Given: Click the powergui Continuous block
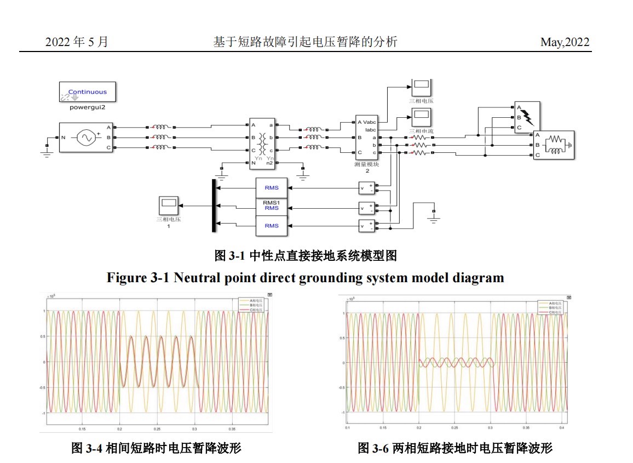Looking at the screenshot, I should pyautogui.click(x=88, y=92).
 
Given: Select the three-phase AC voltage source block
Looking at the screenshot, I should pyautogui.click(x=86, y=138).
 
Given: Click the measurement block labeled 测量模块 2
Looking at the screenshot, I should pyautogui.click(x=366, y=136).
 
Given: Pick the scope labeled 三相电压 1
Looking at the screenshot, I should pyautogui.click(x=168, y=206).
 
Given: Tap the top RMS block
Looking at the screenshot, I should pyautogui.click(x=272, y=188).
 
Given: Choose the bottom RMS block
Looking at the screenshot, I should pyautogui.click(x=272, y=226).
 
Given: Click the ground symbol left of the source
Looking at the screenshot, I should pyautogui.click(x=47, y=151).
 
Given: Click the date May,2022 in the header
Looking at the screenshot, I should pyautogui.click(x=565, y=42).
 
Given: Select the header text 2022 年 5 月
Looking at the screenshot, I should pyautogui.click(x=76, y=42).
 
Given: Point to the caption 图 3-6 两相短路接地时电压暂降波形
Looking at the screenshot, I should pyautogui.click(x=455, y=448).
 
